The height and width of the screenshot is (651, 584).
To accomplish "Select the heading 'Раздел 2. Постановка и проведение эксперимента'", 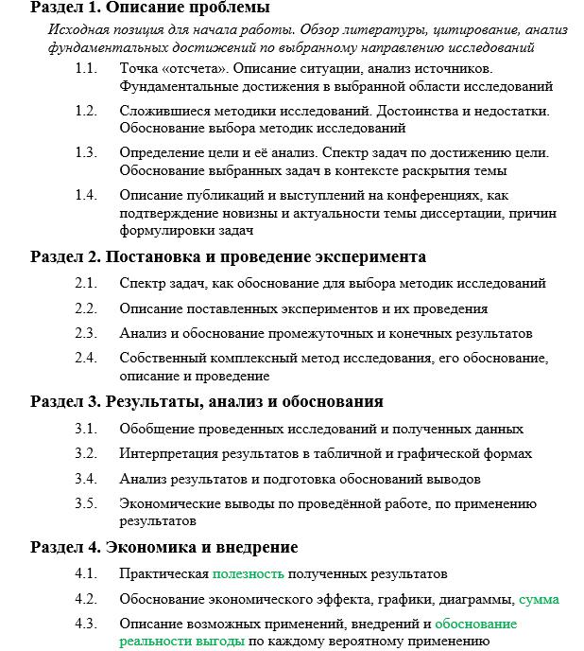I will (228, 256).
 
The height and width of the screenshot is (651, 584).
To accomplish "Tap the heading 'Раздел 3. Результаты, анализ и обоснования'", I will (206, 401).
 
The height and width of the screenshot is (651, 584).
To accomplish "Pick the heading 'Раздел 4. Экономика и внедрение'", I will (163, 547).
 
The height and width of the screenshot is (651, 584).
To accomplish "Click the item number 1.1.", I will (86, 69).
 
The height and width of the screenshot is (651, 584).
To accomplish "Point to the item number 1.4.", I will (86, 194).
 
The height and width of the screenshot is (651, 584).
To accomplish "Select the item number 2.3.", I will (86, 333).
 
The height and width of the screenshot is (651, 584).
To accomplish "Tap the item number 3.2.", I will (86, 453).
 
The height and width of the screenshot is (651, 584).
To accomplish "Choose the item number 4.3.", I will (86, 624).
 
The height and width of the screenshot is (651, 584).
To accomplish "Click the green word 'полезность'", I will (248, 573).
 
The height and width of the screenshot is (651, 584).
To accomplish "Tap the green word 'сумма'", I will (539, 599).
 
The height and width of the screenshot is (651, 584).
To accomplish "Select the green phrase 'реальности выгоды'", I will (181, 642).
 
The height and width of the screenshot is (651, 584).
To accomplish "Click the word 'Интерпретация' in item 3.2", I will (167, 453).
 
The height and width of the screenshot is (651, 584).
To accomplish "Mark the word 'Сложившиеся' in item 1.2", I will (161, 111).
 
